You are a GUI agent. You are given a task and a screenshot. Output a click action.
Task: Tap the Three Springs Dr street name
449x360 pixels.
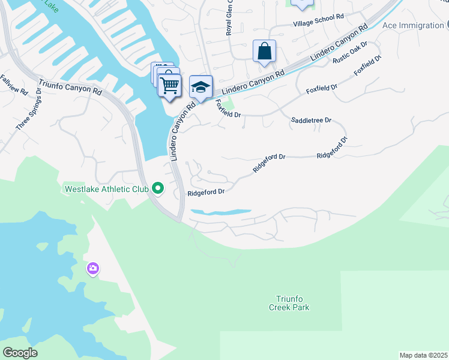click(31, 110)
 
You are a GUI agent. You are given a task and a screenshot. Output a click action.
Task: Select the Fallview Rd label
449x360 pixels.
click(14, 86)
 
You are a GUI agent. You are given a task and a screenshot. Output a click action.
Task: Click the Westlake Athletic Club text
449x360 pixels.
click(106, 189)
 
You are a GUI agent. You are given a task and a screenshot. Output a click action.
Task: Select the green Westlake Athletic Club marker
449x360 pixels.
click(158, 188)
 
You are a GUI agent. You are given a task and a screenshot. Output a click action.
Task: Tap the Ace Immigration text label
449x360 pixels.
click(413, 26)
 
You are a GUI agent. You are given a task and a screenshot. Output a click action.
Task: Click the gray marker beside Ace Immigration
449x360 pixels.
click(448, 25)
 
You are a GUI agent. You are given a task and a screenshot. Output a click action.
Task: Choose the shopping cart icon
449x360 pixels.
click(170, 85)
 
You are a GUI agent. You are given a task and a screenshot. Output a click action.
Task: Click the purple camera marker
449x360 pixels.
click(93, 269)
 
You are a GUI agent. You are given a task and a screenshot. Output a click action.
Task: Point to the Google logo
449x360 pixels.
click(20, 352)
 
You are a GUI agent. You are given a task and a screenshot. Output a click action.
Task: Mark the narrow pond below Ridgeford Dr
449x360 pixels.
click(220, 212)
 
